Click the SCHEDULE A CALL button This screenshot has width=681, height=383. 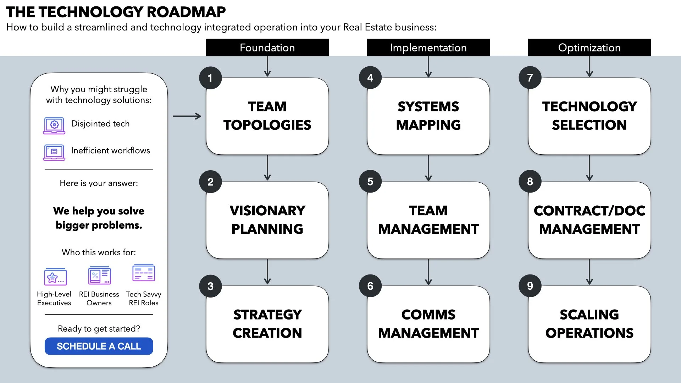pos(99,346)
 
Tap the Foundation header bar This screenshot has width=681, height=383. pos(267,48)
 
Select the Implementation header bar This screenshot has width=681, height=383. pos(428,48)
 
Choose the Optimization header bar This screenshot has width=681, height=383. pos(589,48)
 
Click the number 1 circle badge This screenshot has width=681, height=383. pos(210,78)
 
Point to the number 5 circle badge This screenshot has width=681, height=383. pos(370,182)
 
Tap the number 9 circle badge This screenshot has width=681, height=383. pos(530,286)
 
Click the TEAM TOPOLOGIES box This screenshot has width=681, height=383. pos(267,116)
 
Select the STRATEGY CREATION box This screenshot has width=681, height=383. pos(267,324)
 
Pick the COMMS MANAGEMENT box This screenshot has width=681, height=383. pos(428,324)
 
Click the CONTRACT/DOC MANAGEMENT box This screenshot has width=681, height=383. pos(589,220)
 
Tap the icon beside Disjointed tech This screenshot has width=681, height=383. pos(54,126)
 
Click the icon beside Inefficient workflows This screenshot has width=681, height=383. pos(54,152)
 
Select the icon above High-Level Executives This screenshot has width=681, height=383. pos(55,277)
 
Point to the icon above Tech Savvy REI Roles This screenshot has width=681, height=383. pos(144,273)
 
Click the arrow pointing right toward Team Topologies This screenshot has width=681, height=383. pos(187,116)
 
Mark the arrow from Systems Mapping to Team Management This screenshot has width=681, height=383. pos(428,168)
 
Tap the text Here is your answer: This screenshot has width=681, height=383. pos(99,183)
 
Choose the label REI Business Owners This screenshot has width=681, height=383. pos(99,299)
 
